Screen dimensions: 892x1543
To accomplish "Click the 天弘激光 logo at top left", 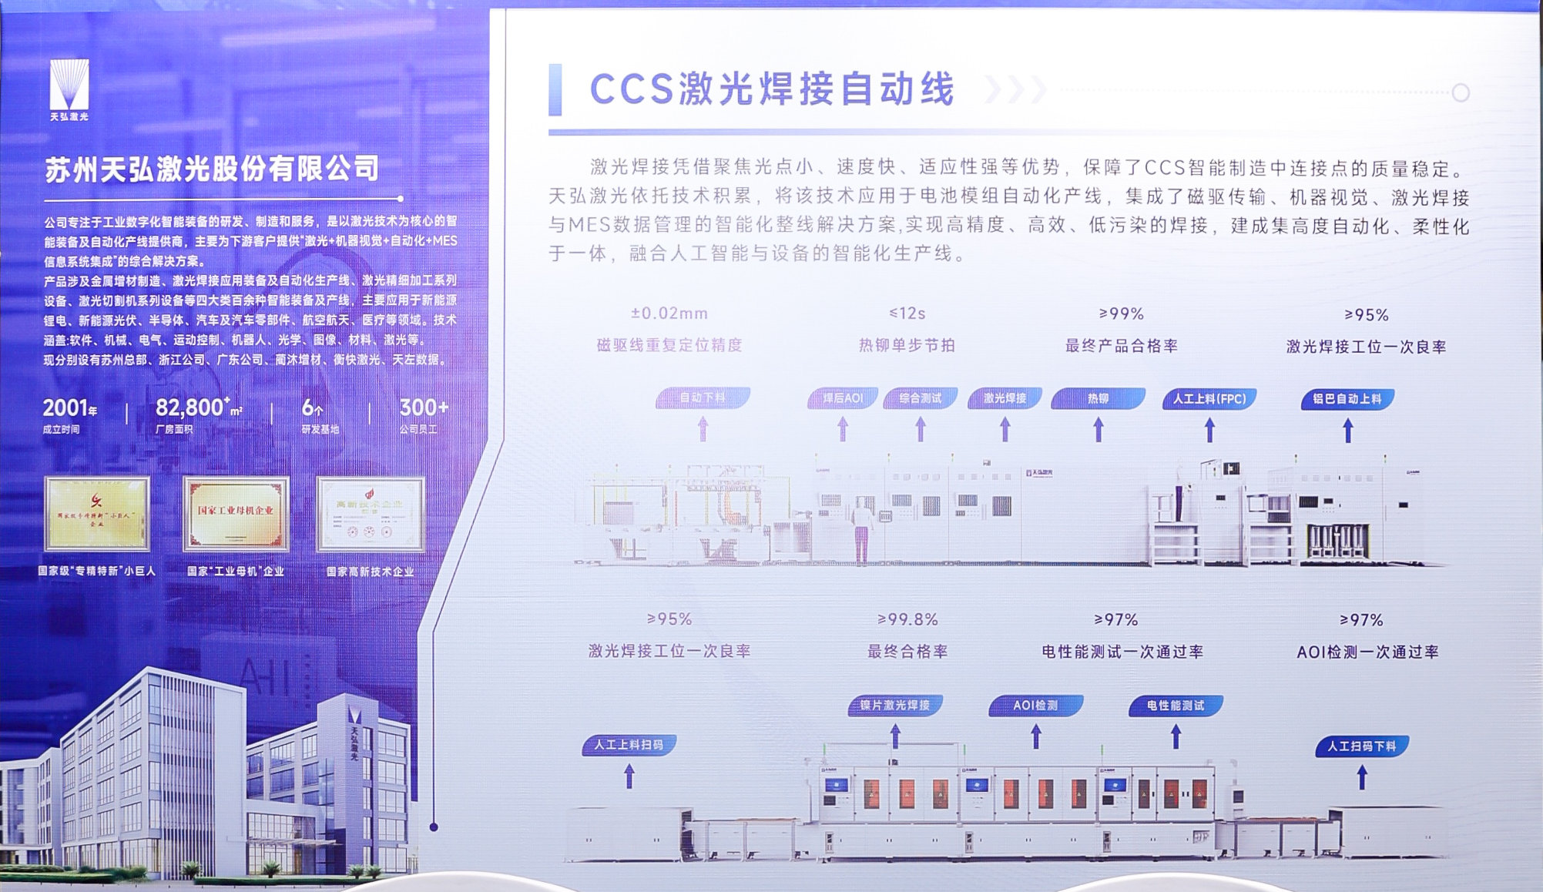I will (69, 89).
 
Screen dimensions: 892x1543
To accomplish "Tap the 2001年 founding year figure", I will (69, 407).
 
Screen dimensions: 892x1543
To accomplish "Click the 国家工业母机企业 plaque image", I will (236, 513).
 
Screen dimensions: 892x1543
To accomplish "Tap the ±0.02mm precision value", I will (669, 314).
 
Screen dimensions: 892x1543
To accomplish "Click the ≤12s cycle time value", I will (907, 314).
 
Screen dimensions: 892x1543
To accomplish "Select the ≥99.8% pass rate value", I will (907, 619).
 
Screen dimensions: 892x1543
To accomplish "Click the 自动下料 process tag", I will (702, 397).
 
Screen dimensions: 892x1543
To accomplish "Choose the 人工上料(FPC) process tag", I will (1209, 398).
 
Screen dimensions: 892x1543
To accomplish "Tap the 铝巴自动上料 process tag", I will (1347, 399).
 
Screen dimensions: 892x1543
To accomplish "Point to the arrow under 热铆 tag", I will (1098, 429).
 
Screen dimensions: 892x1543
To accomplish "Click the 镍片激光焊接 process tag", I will (894, 705).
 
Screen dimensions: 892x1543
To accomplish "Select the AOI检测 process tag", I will (1035, 705).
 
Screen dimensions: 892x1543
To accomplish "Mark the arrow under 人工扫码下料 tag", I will (1361, 776).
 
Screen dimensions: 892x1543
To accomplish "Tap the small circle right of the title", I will (1460, 93).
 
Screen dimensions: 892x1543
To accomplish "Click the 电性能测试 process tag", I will (1175, 706).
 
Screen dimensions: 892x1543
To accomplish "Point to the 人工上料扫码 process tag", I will (629, 745).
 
